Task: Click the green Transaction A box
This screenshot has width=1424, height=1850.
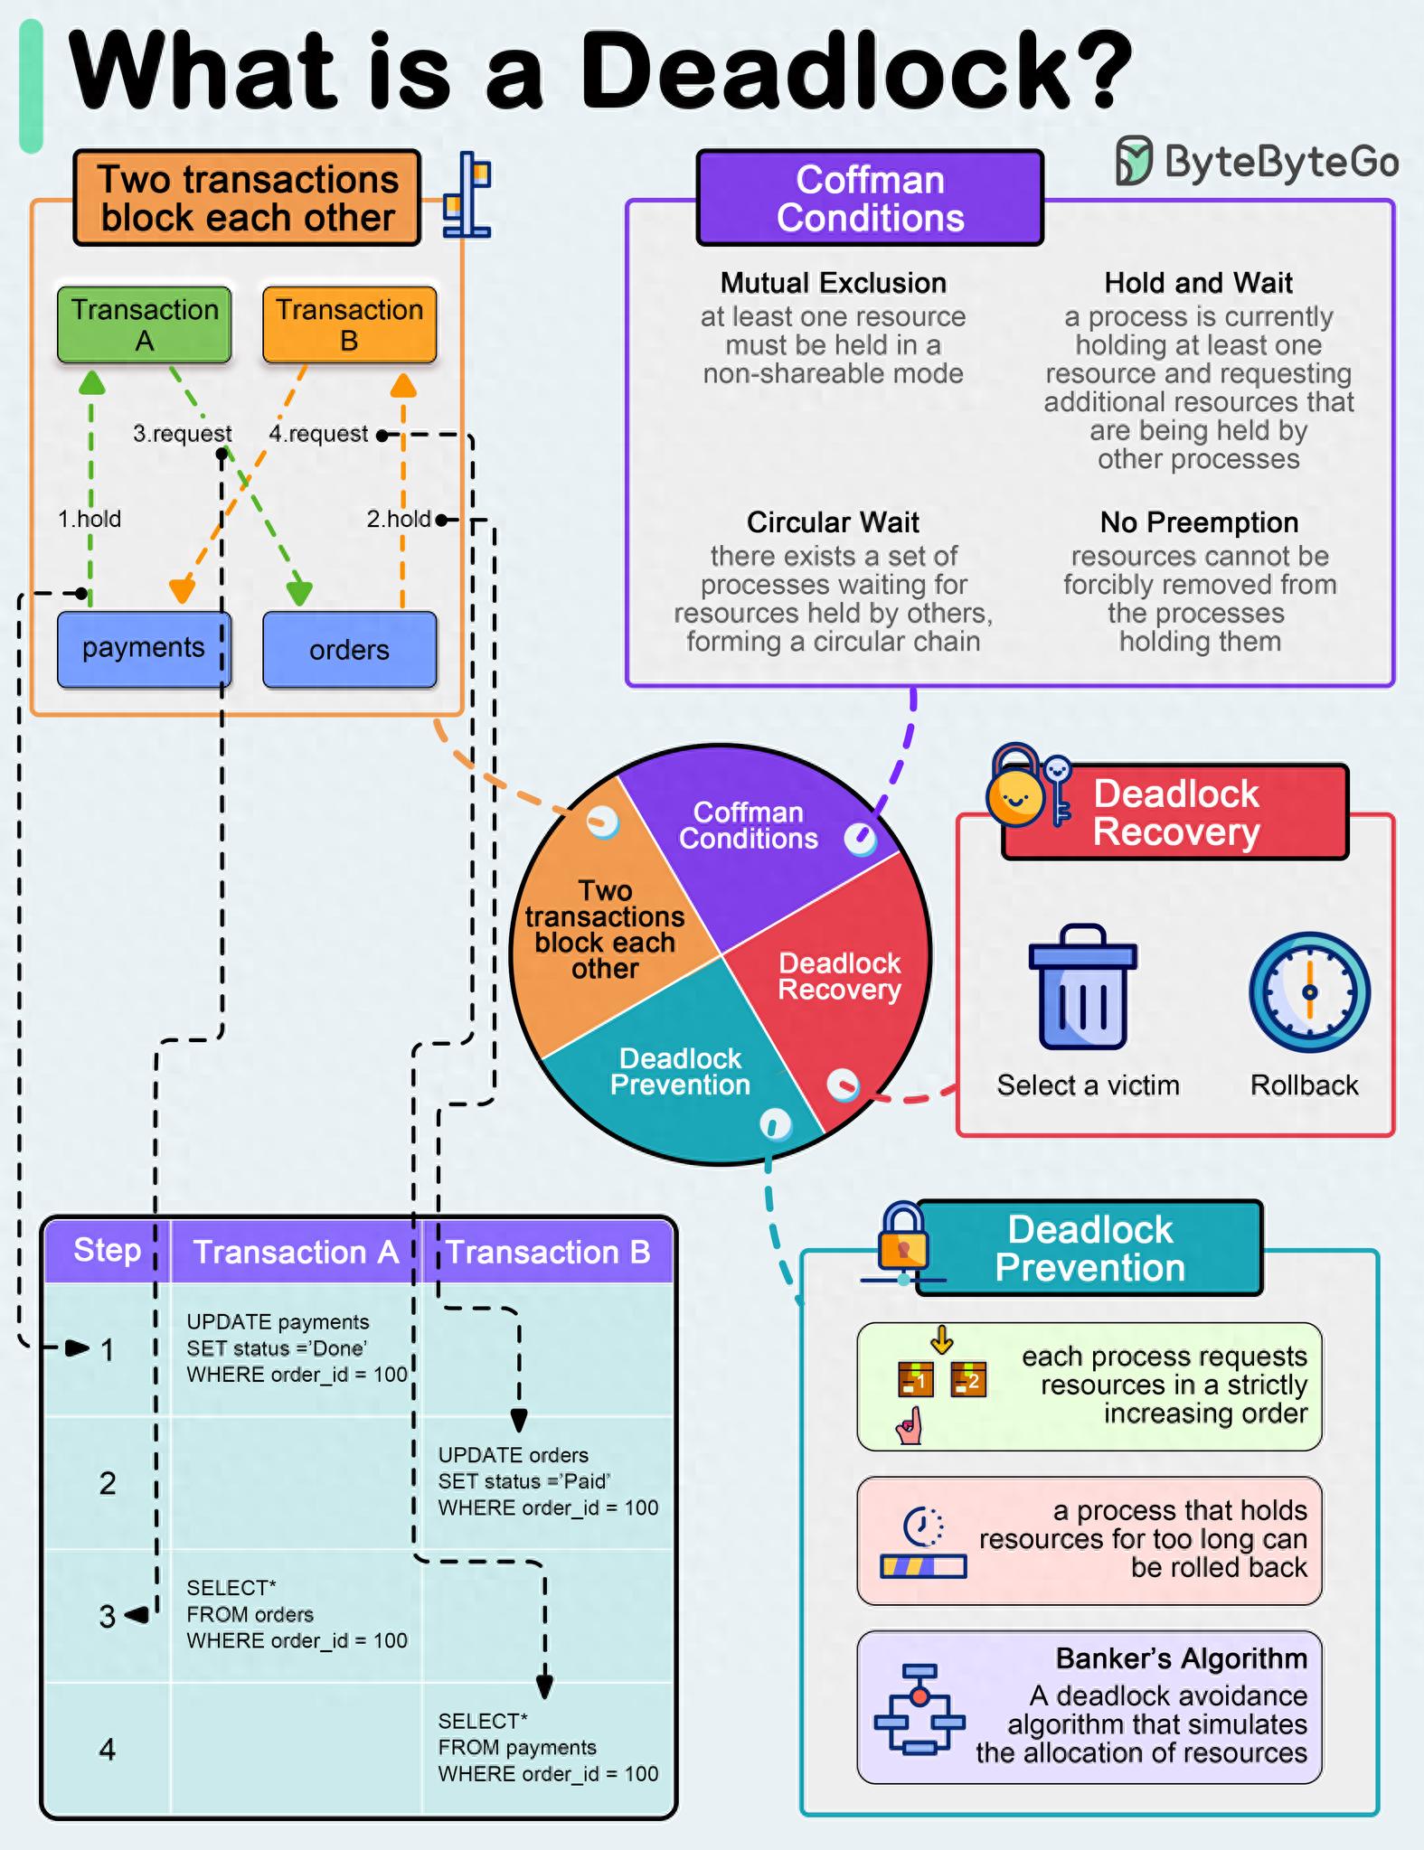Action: (x=145, y=324)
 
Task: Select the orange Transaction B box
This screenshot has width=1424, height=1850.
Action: (x=349, y=324)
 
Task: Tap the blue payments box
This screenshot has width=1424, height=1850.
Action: (x=144, y=649)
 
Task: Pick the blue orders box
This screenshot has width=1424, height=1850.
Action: (x=349, y=650)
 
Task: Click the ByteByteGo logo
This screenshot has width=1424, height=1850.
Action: (x=1258, y=162)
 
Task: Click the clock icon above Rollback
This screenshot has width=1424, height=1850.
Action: (x=1308, y=991)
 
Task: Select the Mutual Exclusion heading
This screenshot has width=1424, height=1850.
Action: (x=833, y=283)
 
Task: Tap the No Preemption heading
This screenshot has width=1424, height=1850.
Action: (x=1199, y=522)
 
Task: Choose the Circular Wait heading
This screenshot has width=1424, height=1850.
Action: (x=833, y=522)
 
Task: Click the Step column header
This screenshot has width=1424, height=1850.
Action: (x=108, y=1250)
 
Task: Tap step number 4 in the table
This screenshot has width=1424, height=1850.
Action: (x=108, y=1749)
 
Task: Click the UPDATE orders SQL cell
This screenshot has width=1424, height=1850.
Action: (x=547, y=1481)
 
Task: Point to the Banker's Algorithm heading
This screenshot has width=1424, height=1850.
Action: (x=1181, y=1658)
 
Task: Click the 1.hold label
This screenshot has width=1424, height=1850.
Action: (x=89, y=519)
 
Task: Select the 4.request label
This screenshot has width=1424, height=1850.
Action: (x=318, y=434)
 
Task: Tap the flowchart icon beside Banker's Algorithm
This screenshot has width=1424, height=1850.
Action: (x=919, y=1708)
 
